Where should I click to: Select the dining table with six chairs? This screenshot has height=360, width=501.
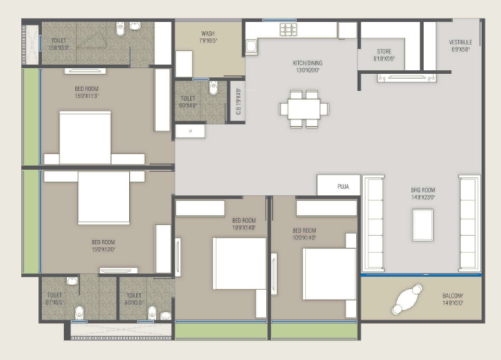[x=304, y=109]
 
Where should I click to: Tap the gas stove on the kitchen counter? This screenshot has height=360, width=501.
[x=288, y=29]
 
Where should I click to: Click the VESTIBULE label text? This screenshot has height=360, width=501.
[x=461, y=46]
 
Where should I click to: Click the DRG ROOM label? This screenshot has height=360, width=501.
[x=423, y=193]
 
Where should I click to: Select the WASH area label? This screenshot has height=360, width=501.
[x=209, y=37]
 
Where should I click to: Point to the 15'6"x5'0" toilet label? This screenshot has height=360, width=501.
[x=60, y=45]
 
